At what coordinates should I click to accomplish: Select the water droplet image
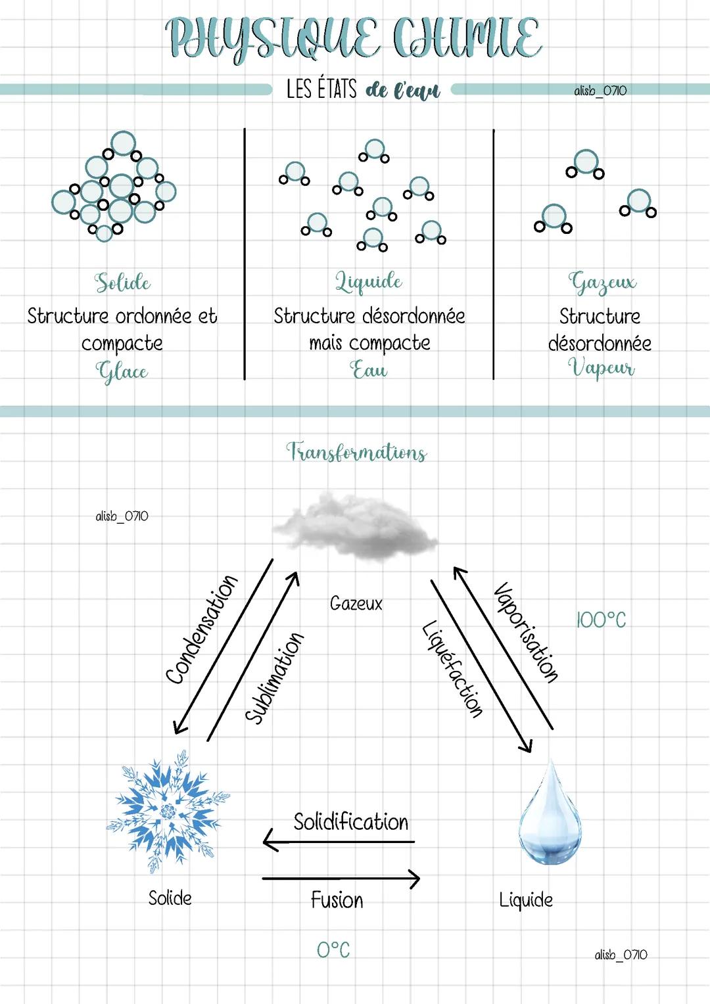[550, 815]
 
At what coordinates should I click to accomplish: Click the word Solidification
[350, 822]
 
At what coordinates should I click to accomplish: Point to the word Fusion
[337, 900]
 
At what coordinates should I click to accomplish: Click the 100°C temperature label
[601, 620]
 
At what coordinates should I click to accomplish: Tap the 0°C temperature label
[333, 949]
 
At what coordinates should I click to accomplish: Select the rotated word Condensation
[201, 629]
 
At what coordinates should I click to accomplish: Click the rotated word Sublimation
[275, 677]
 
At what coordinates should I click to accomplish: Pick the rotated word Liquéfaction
[452, 669]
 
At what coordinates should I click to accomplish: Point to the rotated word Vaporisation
[526, 632]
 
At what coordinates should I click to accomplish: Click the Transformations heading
[356, 452]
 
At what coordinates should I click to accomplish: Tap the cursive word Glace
[122, 372]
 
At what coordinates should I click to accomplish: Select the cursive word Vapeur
[601, 368]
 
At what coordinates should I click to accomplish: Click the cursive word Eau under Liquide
[368, 370]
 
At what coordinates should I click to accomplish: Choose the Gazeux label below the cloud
[356, 603]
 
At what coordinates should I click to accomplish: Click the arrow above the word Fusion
[341, 879]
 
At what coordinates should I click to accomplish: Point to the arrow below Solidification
[339, 841]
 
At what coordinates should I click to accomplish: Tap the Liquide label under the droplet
[526, 900]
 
